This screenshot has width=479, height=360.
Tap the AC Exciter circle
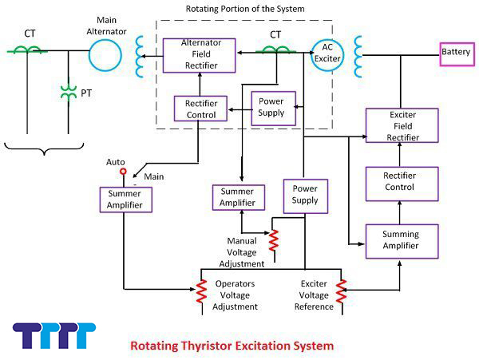point(327,53)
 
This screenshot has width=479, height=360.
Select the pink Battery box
point(457,53)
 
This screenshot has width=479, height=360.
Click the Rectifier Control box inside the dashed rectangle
point(201,109)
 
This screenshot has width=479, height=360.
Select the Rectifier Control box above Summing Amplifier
point(402,182)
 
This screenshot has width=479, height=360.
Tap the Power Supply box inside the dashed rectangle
point(273,108)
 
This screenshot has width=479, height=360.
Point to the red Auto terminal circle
point(123,171)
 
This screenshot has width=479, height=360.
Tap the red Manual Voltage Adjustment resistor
point(274,238)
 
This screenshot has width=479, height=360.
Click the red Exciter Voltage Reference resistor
point(342,293)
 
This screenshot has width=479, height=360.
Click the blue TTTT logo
point(54,336)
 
